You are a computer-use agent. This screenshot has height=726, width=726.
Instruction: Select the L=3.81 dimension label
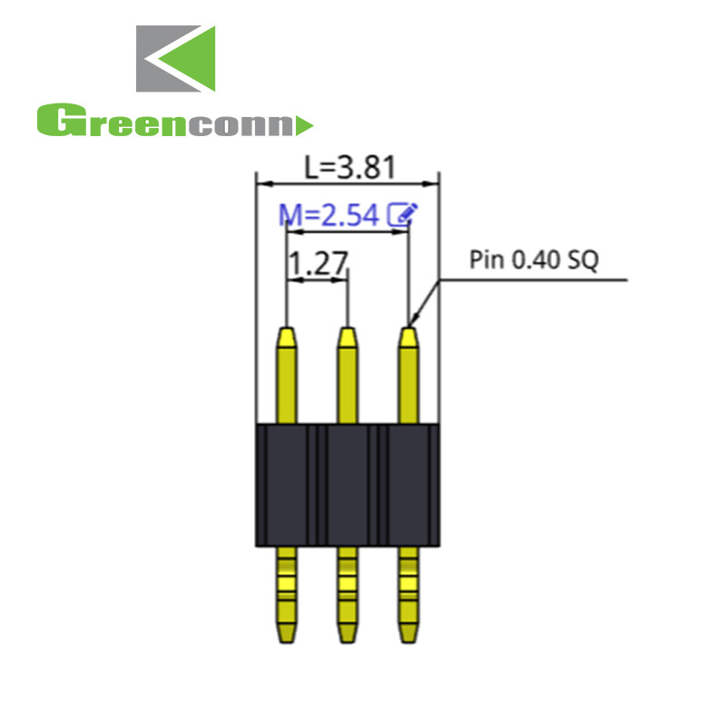click(x=348, y=167)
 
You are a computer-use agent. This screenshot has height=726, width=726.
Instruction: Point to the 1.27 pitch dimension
click(x=317, y=264)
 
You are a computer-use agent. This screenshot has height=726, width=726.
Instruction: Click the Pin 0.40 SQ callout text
click(x=534, y=261)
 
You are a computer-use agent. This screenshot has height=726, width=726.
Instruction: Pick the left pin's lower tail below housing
click(x=286, y=594)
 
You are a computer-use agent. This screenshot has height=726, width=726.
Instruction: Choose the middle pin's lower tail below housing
click(x=347, y=594)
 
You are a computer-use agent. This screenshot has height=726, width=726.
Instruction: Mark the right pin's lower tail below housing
click(x=408, y=594)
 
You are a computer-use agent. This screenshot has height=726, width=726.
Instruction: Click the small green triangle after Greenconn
click(x=305, y=123)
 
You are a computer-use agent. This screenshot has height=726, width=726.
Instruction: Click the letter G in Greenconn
click(x=53, y=122)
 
